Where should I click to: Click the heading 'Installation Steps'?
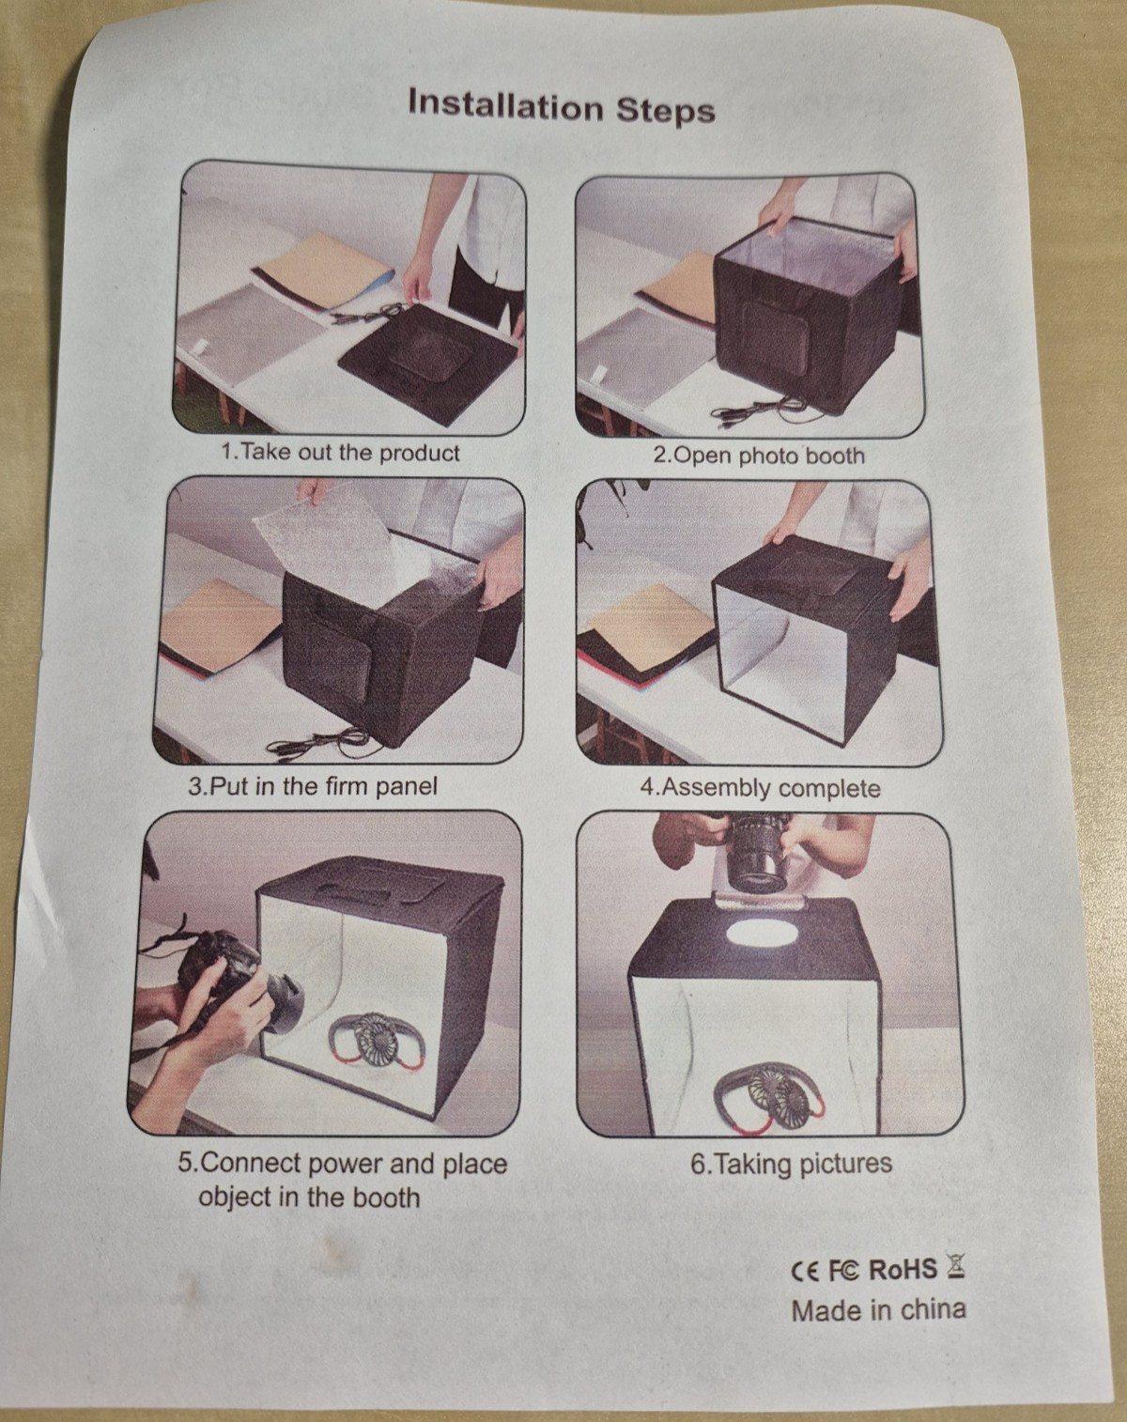pos(562,107)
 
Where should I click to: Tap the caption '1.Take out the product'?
pos(340,453)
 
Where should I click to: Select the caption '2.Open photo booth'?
pos(759,456)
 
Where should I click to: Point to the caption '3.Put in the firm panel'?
pos(313,786)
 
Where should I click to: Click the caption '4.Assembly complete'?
pos(760,788)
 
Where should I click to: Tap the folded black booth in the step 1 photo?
pos(429,363)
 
